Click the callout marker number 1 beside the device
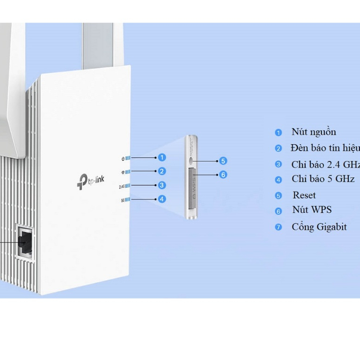pos(162,157)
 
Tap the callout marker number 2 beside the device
pos(162,171)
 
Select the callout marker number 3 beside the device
pos(162,185)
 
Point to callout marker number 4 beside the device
pos(162,199)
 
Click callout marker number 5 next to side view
pos(223,161)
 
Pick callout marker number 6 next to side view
pos(223,175)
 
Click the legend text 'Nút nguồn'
pos(314,132)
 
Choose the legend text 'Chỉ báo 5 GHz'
pos(323,179)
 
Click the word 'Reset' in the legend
pos(304,195)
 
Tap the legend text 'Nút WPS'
pos(312,210)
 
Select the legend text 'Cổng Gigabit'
pos(319,227)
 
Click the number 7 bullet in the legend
pos(279,228)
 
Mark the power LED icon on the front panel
pos(122,158)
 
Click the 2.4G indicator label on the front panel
pos(122,186)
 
